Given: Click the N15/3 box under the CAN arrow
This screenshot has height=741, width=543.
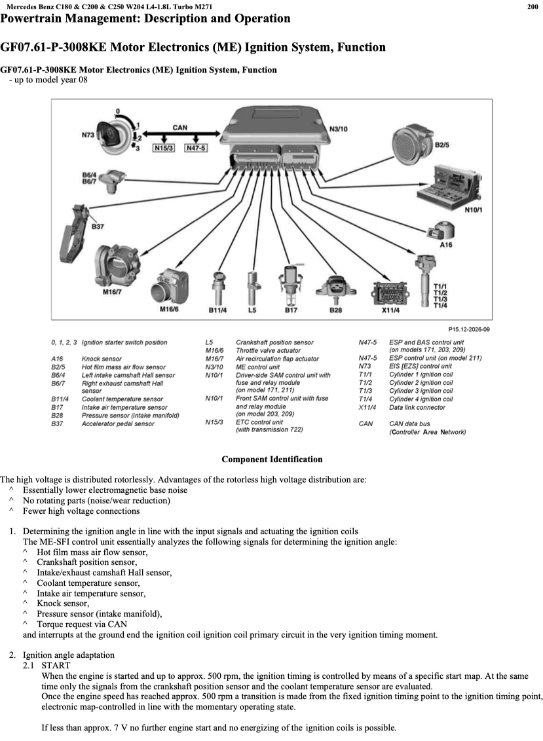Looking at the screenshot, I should (163, 148).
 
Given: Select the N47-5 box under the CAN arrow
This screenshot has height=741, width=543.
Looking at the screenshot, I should (195, 148).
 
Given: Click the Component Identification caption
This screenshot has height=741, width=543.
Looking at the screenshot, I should (272, 460).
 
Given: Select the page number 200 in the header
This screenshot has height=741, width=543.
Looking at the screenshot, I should (533, 7).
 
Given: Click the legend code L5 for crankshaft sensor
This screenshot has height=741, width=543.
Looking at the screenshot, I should (210, 342).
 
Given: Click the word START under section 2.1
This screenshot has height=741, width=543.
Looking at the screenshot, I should (56, 664).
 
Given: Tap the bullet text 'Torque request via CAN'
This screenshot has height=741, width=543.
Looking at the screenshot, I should (82, 624).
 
